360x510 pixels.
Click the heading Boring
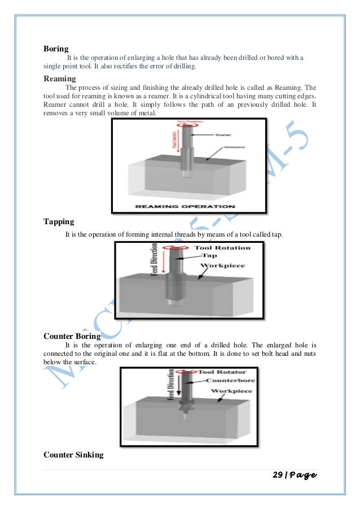coord(56,49)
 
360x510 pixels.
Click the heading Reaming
coord(60,79)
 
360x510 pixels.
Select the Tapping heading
coord(59,221)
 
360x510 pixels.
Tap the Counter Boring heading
coord(72,336)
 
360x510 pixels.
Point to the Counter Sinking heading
coord(73,454)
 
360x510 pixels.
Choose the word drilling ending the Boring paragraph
coord(182,67)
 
